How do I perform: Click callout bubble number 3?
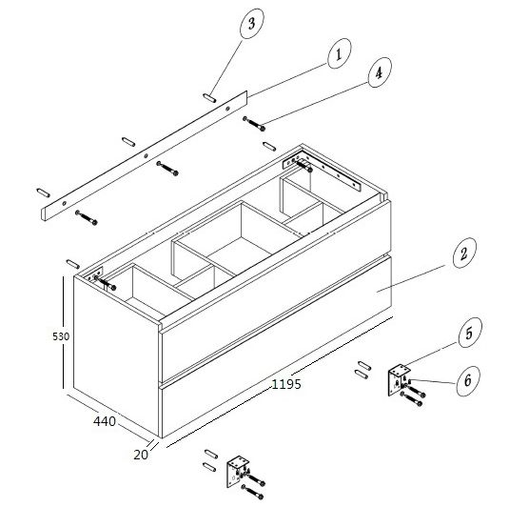coord(251,24)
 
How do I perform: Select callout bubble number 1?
coord(340,53)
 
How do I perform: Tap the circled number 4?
coord(380,72)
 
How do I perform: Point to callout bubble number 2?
coord(464,253)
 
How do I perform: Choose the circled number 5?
coord(470,333)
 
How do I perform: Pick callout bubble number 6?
coord(468,380)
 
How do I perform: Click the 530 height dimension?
coord(61,336)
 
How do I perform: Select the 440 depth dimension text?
coord(105,421)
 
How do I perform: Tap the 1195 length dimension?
coord(286,384)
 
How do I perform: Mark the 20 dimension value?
coord(141,455)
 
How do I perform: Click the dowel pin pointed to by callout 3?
coord(209,98)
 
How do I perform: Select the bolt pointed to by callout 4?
coord(254,124)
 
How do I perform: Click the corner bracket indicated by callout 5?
coord(399,379)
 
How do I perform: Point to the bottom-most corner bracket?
coord(237,472)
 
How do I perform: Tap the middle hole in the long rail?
coord(147,155)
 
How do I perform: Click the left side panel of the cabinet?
coord(116,355)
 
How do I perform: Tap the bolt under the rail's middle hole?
coord(167,168)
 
